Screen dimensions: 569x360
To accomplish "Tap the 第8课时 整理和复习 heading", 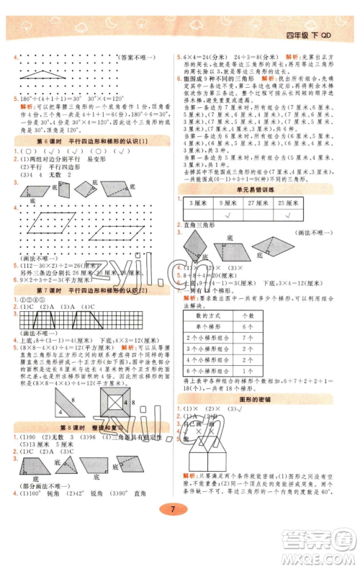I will click(x=91, y=426).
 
